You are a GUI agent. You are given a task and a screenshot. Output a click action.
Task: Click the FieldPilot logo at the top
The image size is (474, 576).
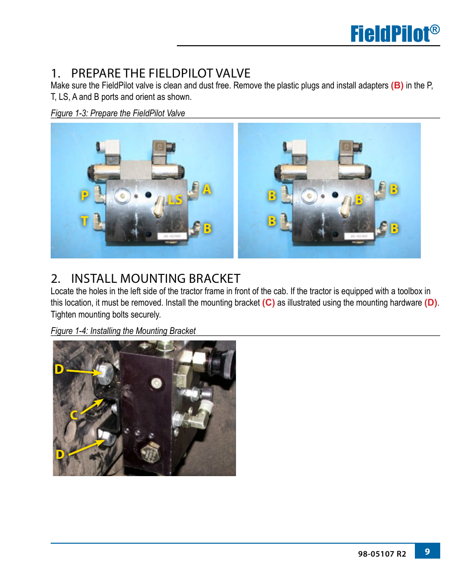point(395,33)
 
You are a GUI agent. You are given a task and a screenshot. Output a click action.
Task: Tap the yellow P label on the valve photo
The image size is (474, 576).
point(84,195)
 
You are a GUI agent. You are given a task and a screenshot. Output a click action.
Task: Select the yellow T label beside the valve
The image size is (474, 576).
point(84,221)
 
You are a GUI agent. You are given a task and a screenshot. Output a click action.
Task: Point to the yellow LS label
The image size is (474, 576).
point(175,199)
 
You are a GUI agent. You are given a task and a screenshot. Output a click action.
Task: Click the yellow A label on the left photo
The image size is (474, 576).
point(207,189)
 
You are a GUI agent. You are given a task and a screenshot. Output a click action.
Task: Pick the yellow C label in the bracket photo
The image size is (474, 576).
point(74,415)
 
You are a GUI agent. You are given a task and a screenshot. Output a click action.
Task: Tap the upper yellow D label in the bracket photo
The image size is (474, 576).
point(59,369)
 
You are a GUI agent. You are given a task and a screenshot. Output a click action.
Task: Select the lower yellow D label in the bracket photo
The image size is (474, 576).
point(60,454)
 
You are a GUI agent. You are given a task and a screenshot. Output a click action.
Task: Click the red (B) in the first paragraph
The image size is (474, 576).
point(397,85)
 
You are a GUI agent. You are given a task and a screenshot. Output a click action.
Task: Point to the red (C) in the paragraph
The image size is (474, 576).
point(268,303)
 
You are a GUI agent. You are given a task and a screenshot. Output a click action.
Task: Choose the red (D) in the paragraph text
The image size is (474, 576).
point(431,303)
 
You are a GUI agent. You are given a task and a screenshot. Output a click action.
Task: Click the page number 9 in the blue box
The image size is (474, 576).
point(427,551)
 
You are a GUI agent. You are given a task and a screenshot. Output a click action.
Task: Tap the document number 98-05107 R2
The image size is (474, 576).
point(382,554)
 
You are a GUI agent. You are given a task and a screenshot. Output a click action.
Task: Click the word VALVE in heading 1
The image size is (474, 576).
point(232,73)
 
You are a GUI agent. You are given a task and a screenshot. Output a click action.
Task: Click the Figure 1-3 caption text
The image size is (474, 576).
point(118,113)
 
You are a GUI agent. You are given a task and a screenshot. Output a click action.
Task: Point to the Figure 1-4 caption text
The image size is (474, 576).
point(123,331)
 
